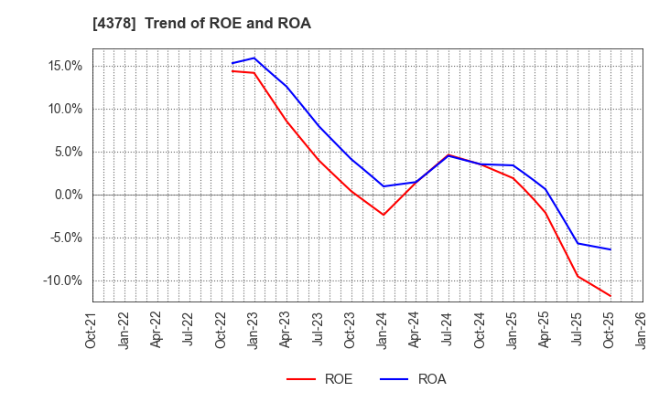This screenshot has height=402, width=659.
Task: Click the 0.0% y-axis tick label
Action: (66, 195)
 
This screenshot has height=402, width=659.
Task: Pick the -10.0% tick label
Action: (60, 280)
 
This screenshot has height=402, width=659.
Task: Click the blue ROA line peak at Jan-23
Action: (254, 58)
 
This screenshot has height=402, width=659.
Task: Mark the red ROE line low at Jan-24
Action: (384, 215)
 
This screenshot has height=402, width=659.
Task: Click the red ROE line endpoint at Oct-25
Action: (610, 296)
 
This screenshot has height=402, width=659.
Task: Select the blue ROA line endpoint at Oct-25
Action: (610, 249)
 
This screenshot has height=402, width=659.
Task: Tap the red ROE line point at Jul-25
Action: (578, 276)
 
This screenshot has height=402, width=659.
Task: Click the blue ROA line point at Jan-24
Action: (384, 186)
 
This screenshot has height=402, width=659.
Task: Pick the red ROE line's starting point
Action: (232, 70)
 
